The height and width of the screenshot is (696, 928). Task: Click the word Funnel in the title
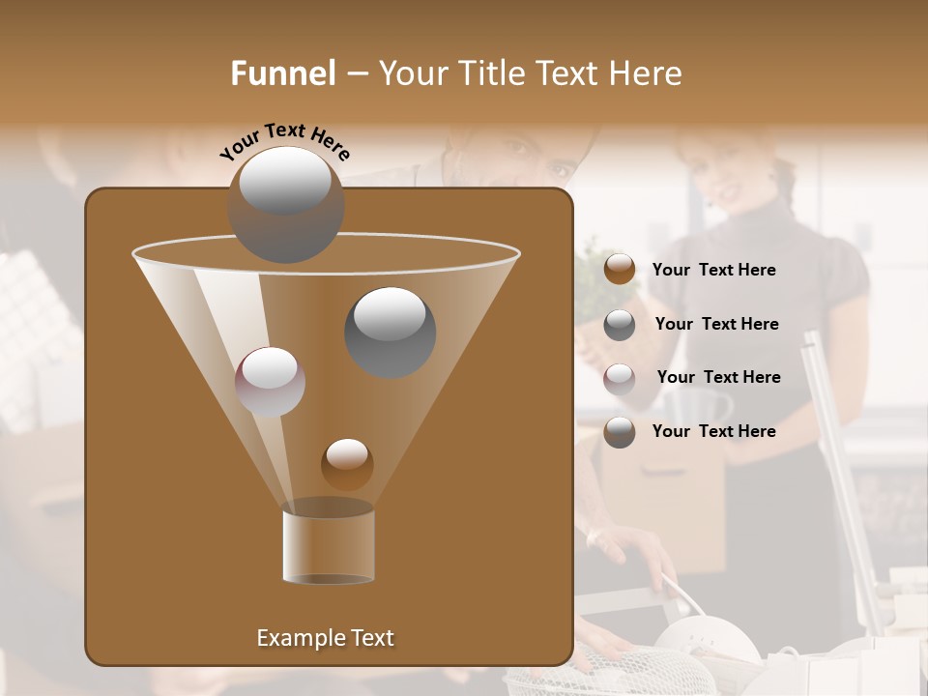[282, 73]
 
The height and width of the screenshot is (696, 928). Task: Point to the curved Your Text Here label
[284, 142]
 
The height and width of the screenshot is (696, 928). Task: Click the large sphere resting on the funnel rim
[286, 204]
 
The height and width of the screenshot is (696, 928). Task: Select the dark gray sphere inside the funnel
[390, 332]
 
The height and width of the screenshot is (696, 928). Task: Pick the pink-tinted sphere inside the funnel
[270, 382]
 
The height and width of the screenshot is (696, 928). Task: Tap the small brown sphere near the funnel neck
[347, 464]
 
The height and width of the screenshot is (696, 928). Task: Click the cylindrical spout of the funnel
[329, 546]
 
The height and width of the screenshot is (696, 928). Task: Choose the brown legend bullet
[620, 270]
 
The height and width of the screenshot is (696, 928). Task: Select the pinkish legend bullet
[620, 378]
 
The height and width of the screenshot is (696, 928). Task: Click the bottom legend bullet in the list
[620, 432]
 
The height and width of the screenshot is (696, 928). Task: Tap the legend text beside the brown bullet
[713, 271]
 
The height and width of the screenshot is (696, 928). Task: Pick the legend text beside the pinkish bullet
[718, 377]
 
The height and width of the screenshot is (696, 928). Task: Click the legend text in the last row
[713, 431]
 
